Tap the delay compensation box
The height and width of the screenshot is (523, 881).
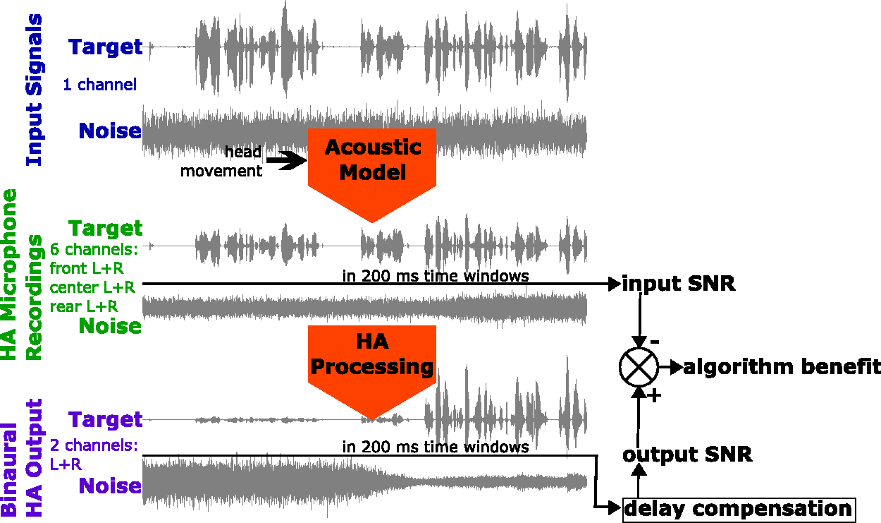(739, 510)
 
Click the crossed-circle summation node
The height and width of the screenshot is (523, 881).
(639, 367)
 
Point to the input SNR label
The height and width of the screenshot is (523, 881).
(679, 284)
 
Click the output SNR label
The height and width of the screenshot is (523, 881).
(687, 455)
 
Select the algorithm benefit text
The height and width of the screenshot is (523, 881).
(782, 367)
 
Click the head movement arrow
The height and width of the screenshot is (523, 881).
(286, 160)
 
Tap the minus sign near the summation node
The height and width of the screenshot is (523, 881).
(655, 342)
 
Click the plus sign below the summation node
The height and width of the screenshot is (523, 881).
(655, 396)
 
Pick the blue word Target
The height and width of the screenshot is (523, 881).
(106, 47)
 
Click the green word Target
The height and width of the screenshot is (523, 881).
(106, 229)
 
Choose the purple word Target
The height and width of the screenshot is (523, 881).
(106, 420)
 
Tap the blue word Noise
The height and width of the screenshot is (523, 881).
(110, 131)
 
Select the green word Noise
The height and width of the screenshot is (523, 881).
(110, 326)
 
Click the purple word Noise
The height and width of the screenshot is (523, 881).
(110, 486)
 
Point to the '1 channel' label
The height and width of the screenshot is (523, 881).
(100, 85)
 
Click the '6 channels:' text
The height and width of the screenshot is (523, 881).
(94, 249)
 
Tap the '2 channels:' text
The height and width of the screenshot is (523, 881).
(94, 445)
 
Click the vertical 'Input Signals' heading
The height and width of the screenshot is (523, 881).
(35, 90)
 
